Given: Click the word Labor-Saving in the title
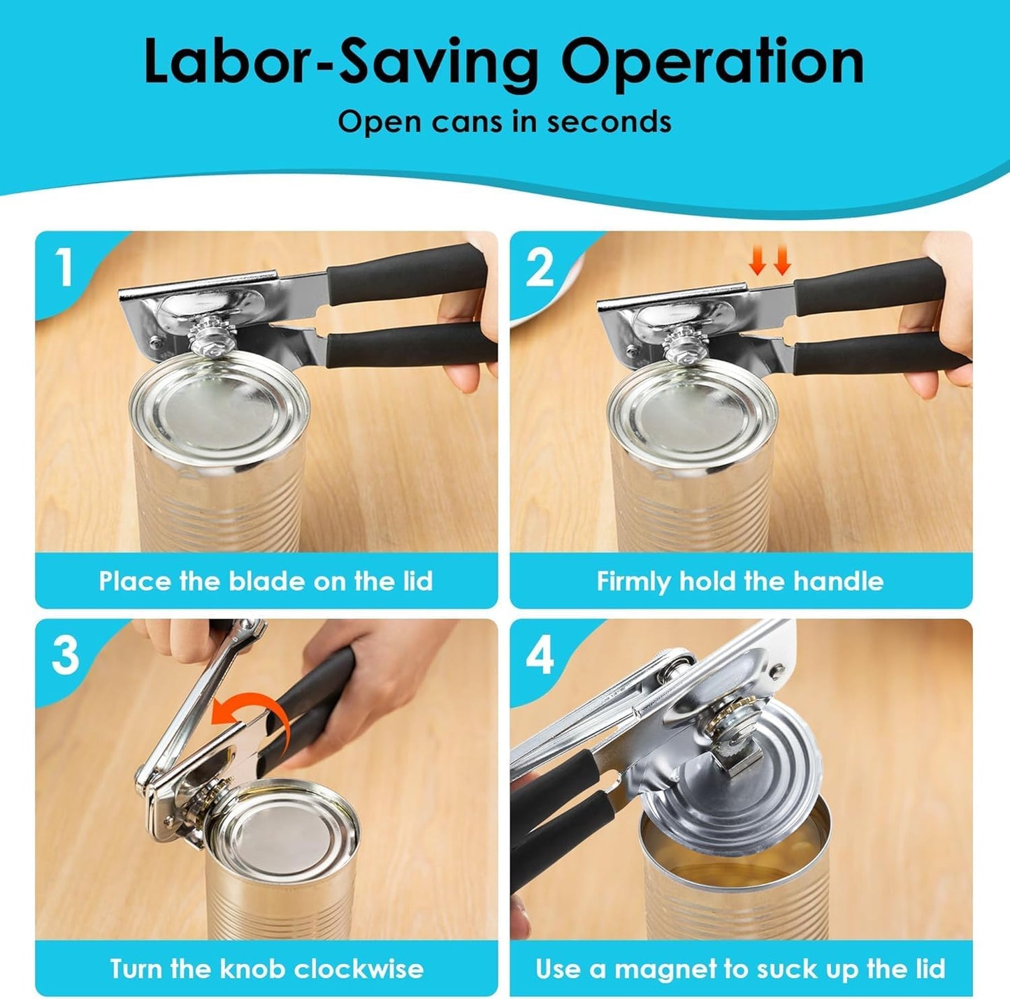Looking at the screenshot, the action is pos(341,62).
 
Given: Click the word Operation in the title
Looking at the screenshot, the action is pos(712,62).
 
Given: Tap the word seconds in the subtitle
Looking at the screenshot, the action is pos(609,122).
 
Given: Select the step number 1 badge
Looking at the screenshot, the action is pos(64,267).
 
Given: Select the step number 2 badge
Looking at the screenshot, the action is pos(540,267).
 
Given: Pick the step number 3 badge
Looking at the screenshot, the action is pos(66,655).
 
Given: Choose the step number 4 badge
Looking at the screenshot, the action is pos(540,655).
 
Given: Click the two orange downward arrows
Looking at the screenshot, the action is pos(770,261).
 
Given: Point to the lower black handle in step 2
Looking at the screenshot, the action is pos(881,354).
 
